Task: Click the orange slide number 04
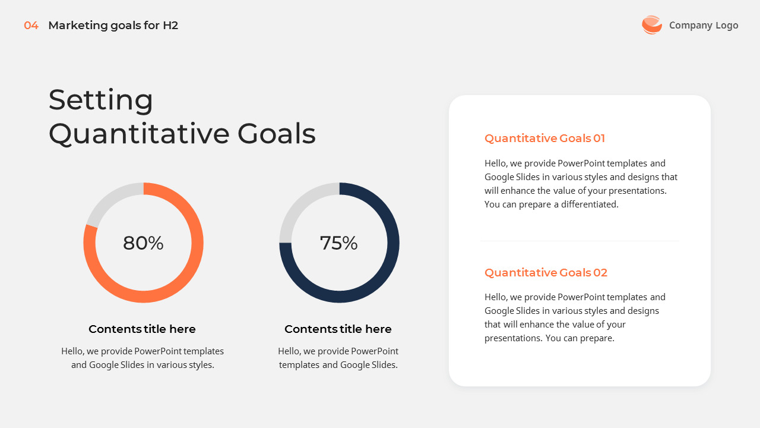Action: click(31, 26)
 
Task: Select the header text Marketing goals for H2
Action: click(113, 26)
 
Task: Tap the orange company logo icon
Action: click(651, 25)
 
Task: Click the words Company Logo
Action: click(704, 25)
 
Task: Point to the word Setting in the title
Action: click(100, 100)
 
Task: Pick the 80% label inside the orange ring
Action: click(143, 243)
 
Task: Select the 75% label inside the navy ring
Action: click(338, 243)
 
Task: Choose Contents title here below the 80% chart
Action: click(142, 329)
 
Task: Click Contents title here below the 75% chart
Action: click(338, 329)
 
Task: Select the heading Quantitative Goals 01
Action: click(544, 139)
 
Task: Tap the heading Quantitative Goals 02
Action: click(546, 273)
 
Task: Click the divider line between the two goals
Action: click(579, 241)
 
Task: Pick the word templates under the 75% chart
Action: click(299, 365)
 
